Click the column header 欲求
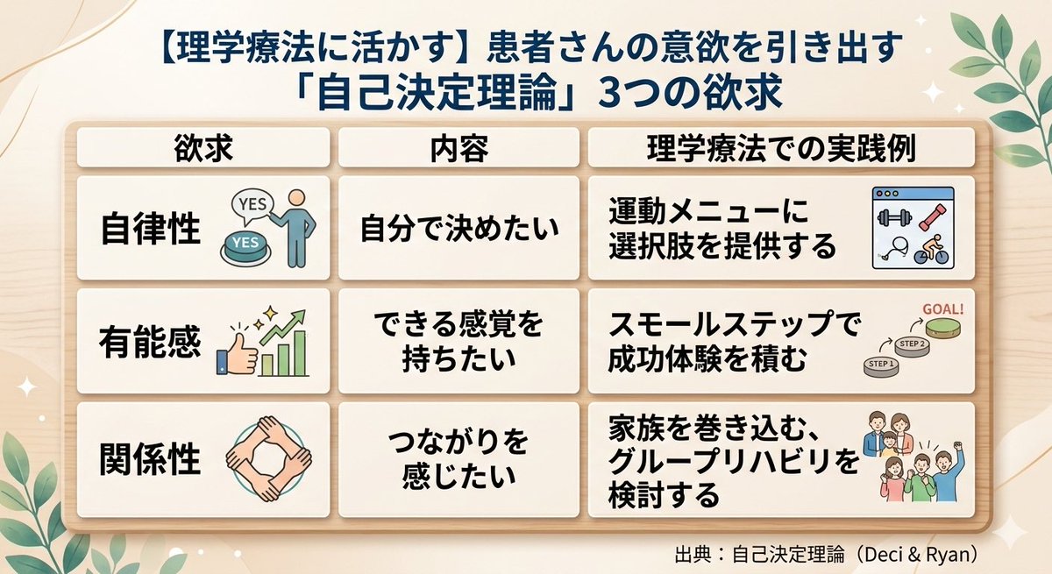pos(204,148)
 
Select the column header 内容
pos(458,148)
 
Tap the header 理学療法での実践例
pos(780,148)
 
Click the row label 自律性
pos(151,230)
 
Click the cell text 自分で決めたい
pos(458,230)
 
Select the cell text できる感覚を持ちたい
pos(458,343)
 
